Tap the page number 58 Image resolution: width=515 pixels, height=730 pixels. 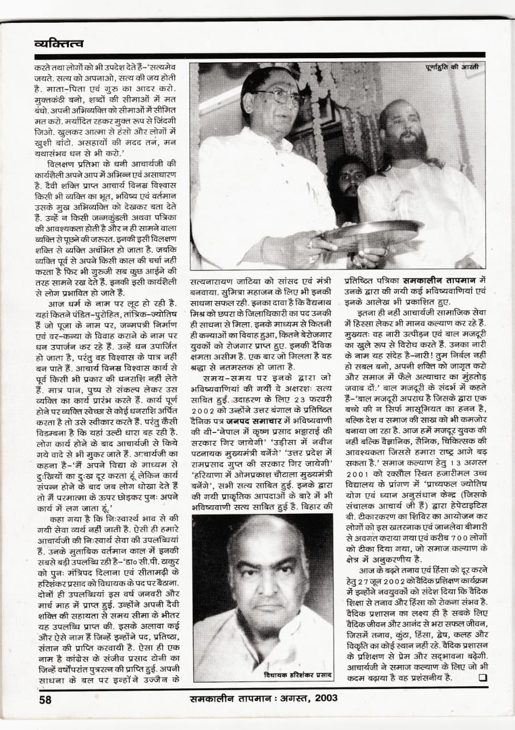point(46,699)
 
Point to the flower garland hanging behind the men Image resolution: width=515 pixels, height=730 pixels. point(317,114)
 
